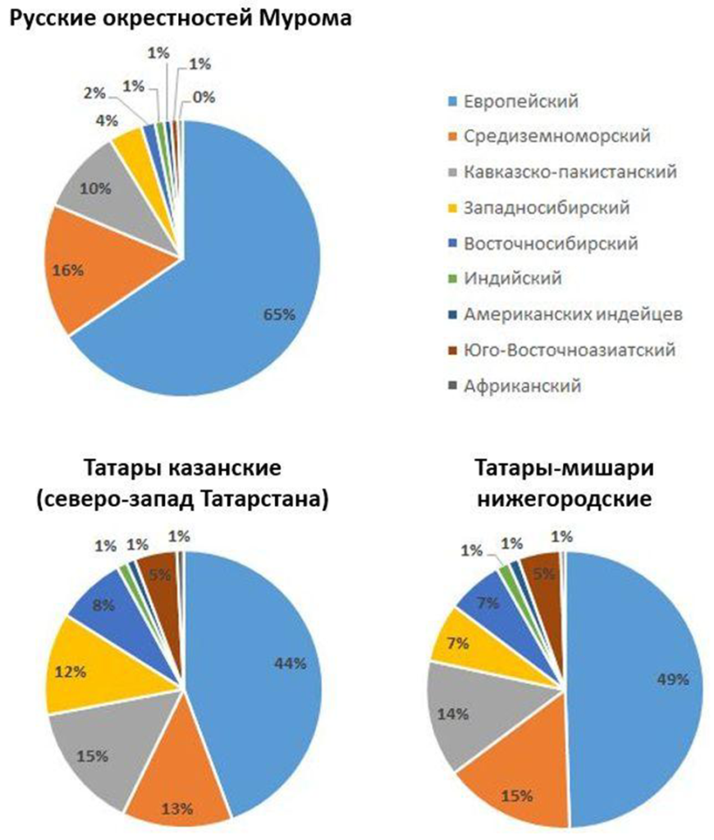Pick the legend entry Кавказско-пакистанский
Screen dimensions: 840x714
pos(570,172)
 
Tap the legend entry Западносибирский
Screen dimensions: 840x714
pos(546,208)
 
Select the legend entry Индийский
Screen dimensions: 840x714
pos(513,279)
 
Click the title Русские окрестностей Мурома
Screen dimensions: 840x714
pos(176,17)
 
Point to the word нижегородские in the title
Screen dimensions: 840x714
pos(565,498)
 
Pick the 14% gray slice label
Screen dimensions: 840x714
pos(452,714)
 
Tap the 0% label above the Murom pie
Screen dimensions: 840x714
pos(204,98)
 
